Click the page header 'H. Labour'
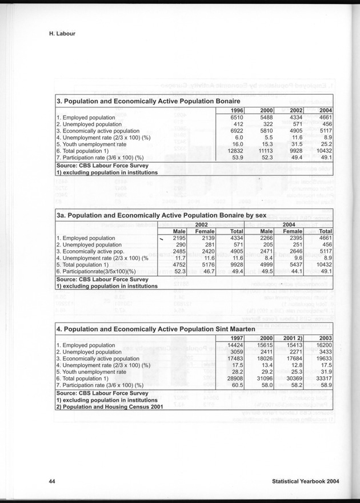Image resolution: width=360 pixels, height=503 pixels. pos(62,34)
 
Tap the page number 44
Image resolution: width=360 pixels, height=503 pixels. pos(52,482)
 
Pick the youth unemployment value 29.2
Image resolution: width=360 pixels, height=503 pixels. pos(265,372)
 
